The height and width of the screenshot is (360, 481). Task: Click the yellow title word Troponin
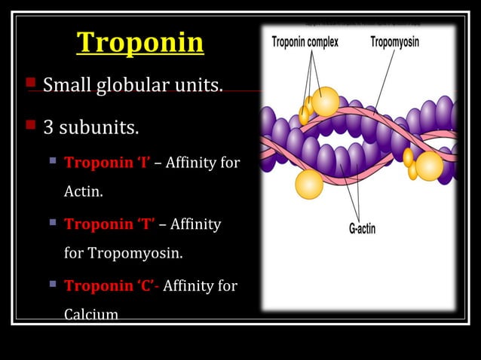[x=139, y=43]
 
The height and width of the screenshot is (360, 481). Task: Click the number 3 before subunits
[x=48, y=127]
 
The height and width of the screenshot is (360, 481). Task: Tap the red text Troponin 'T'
[x=110, y=224]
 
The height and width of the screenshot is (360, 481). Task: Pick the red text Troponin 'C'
[x=112, y=285]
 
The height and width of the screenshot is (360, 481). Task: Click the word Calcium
[x=91, y=314]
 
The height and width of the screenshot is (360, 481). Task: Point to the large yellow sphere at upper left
[x=325, y=102]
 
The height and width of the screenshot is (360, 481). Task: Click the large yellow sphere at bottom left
[x=309, y=185]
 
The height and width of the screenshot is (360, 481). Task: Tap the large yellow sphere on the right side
[x=429, y=166]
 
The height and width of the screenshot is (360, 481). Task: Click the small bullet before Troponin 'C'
[x=54, y=285]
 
